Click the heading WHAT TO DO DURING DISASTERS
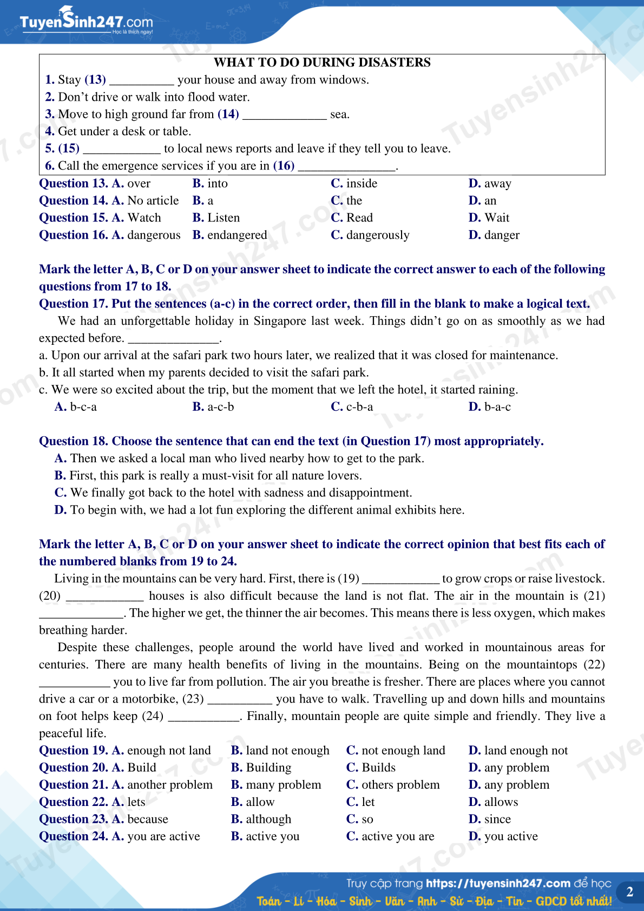coord(322,62)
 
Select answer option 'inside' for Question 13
coord(361,183)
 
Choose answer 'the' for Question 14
coord(354,201)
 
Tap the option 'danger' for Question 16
coord(502,235)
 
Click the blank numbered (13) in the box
coord(141,81)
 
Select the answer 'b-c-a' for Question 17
coord(83,407)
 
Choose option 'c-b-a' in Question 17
coord(359,407)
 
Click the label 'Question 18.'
coord(74,441)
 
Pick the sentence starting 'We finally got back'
coord(241,493)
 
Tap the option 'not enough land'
coord(403,751)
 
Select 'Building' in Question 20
coord(268,768)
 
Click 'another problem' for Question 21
coord(169,785)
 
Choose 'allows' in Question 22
coord(501,802)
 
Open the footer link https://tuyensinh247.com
coord(498,883)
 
